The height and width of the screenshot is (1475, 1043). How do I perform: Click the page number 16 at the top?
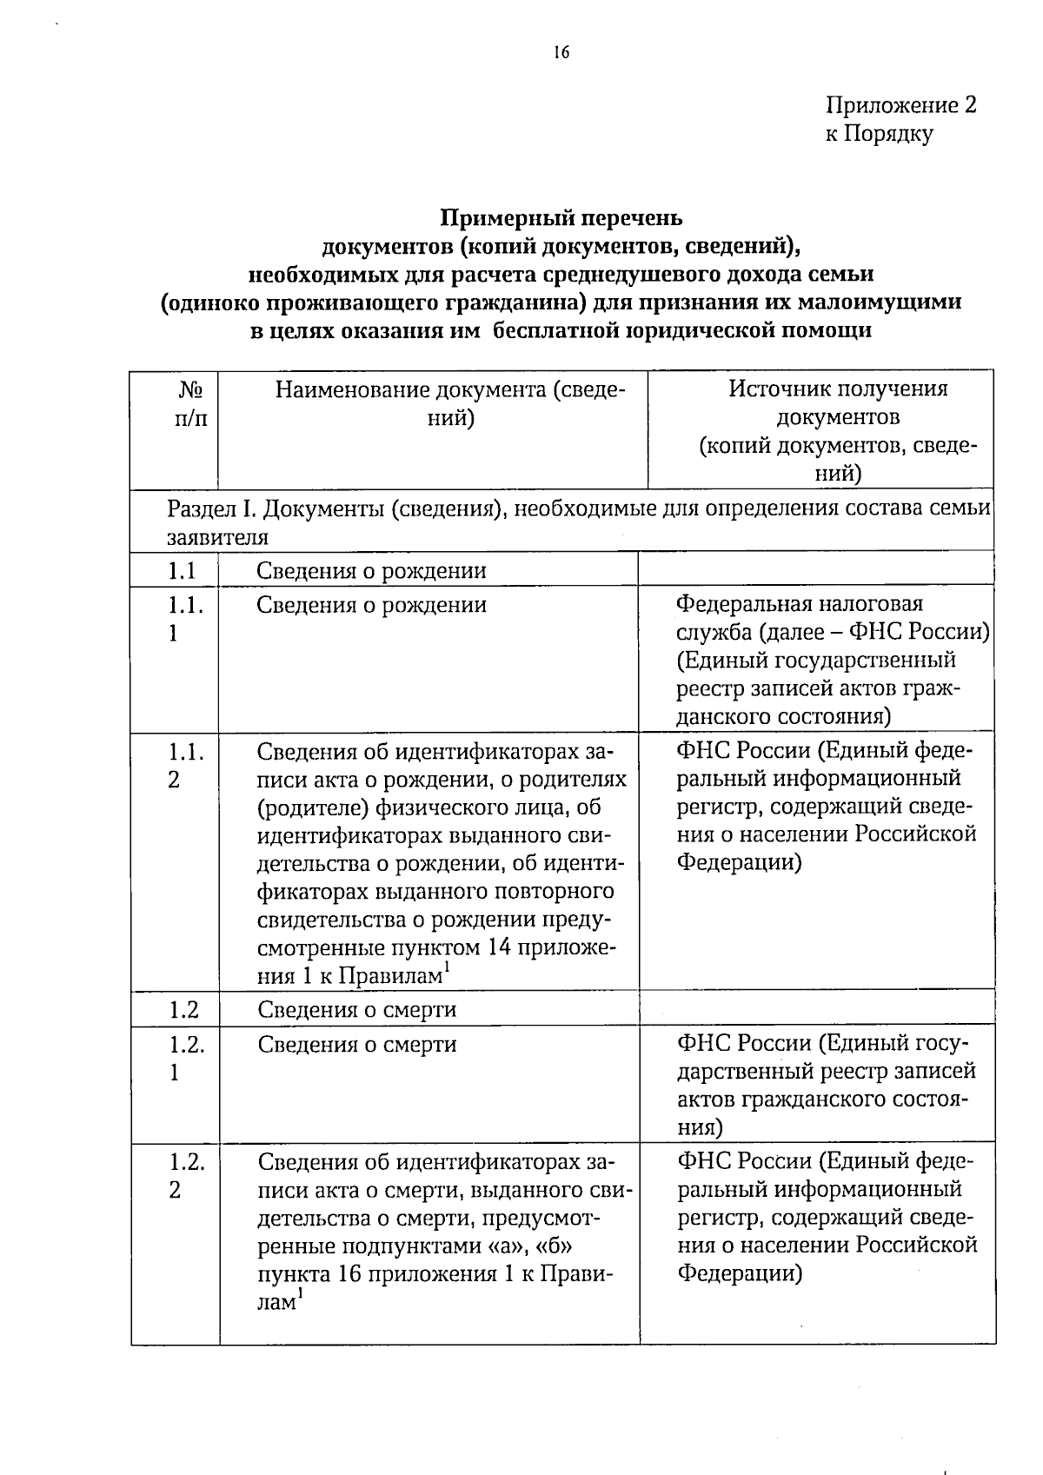click(561, 52)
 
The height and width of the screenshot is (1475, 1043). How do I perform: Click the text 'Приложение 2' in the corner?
click(900, 105)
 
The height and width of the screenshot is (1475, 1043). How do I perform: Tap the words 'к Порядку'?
click(879, 134)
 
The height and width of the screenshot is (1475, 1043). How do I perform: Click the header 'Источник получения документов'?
click(838, 402)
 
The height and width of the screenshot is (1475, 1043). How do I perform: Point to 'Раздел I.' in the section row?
click(208, 508)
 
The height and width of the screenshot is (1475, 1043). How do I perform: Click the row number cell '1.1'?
click(182, 571)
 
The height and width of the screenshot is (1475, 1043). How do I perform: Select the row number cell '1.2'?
click(183, 1009)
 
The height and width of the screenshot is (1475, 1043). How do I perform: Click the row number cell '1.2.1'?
click(186, 1057)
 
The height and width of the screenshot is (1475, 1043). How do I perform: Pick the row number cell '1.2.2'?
click(186, 1175)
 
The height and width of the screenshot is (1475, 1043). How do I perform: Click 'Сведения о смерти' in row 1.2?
click(356, 1009)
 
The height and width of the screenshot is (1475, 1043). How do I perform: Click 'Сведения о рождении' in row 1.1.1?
click(371, 604)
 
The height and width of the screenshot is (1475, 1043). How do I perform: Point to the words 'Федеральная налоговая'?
click(799, 603)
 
